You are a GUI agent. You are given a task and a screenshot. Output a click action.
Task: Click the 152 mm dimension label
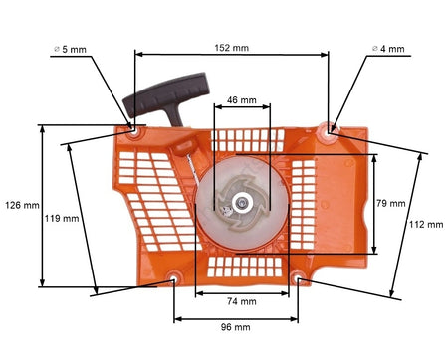coord(232,48)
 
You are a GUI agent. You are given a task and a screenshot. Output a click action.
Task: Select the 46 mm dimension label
coord(242,99)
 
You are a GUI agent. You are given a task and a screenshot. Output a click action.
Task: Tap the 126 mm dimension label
coord(22,205)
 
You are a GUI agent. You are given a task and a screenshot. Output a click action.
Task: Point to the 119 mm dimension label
coord(62,219)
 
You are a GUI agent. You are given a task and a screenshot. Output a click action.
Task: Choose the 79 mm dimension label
coord(391,203)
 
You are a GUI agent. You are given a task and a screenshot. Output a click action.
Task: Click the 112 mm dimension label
coord(426,225)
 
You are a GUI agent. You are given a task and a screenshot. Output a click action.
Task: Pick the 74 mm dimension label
coord(242,301)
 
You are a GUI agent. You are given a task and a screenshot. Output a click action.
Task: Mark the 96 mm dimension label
coord(236,327)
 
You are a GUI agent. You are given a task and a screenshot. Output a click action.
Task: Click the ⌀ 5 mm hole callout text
coord(70,50)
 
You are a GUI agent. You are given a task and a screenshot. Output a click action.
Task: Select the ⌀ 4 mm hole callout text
coord(388,49)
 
